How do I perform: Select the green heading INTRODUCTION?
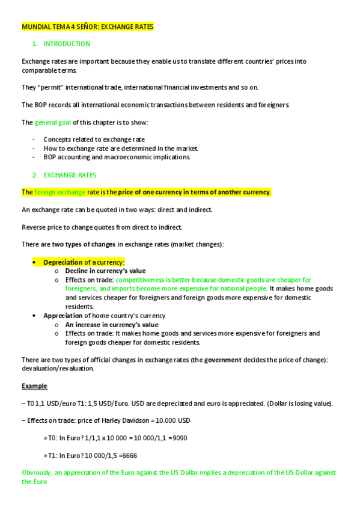pos(67,44)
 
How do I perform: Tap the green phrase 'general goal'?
pos(53,123)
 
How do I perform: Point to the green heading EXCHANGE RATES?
pos(70,175)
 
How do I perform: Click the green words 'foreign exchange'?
pos(59,192)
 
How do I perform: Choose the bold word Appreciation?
pos(63,315)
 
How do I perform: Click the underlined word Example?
pos(34,386)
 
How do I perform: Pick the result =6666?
pos(127,455)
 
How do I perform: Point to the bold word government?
pos(222,360)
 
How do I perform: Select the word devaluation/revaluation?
pos(58,368)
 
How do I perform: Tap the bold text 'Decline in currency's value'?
pos(105,271)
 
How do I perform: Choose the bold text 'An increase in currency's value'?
pos(112,324)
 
